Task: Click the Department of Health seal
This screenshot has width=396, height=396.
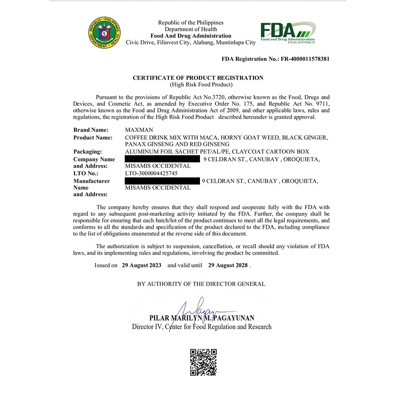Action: [x=105, y=33]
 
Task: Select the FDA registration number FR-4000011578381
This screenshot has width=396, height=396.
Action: [x=305, y=59]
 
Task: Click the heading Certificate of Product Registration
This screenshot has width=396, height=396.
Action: [x=198, y=78]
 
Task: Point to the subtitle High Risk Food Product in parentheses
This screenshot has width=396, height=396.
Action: [x=201, y=84]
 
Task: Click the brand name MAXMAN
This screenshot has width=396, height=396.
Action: [x=139, y=130]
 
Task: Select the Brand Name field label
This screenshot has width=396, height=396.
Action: [x=91, y=130]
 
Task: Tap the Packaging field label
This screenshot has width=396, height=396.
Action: [x=88, y=152]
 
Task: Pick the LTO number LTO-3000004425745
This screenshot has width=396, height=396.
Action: [x=151, y=173]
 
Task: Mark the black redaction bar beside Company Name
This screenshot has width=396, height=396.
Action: [x=162, y=159]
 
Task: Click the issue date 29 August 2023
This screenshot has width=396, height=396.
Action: [x=142, y=265]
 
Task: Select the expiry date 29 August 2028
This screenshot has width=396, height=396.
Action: [x=228, y=265]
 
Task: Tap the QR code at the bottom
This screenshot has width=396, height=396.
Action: [x=204, y=362]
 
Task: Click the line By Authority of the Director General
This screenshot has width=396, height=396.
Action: [x=201, y=284]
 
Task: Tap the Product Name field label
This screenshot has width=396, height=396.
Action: [x=93, y=137]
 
